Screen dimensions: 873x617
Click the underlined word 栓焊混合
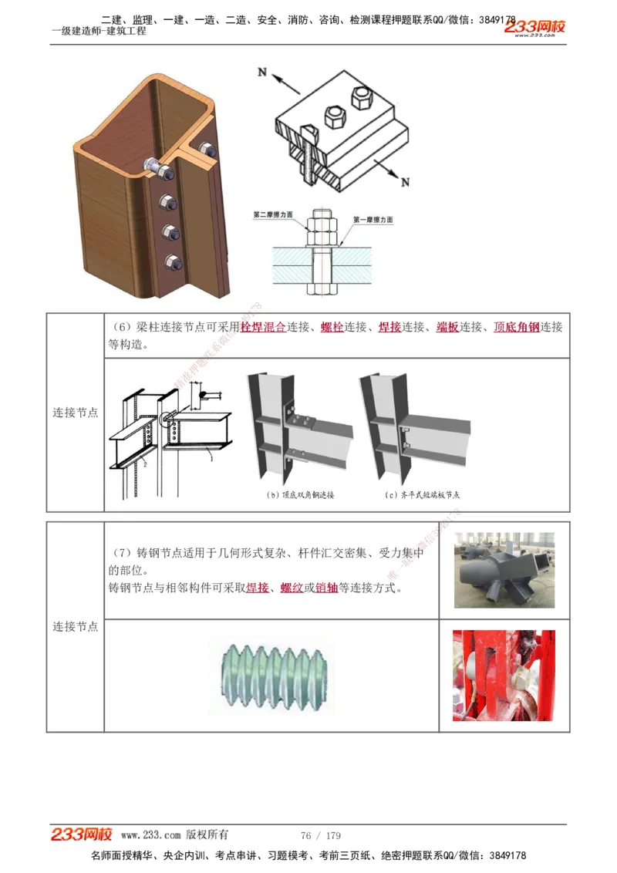point(263,327)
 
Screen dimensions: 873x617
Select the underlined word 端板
point(447,327)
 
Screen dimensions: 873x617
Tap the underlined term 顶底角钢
point(516,327)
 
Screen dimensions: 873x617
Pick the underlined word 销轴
point(326,588)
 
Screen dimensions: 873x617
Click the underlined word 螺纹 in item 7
point(292,588)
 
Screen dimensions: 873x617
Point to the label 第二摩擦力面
point(273,214)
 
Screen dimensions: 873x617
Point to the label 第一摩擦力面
point(373,220)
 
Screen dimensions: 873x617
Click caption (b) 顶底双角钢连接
point(300,495)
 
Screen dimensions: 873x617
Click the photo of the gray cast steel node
point(504,570)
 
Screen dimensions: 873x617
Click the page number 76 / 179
point(321,835)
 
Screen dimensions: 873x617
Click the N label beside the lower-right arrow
point(405,182)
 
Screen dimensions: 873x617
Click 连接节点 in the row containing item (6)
point(75,413)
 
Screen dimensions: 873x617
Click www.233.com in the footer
point(151,835)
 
